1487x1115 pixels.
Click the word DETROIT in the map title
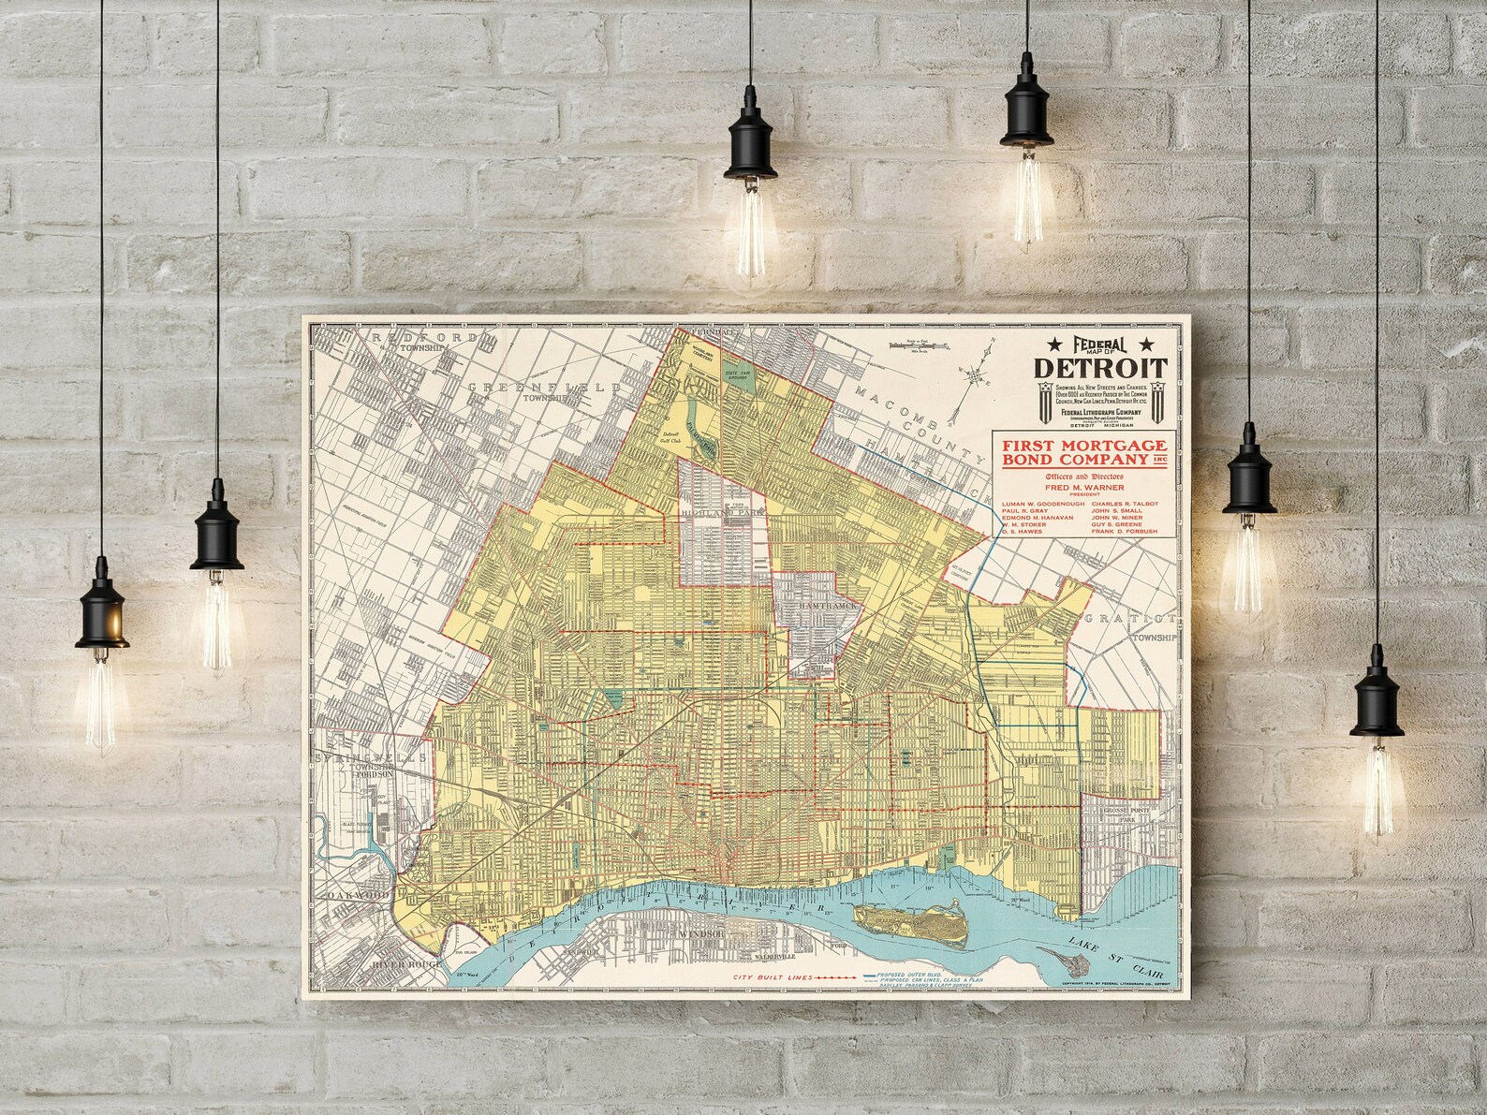tap(1099, 367)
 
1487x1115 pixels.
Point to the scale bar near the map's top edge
tap(923, 345)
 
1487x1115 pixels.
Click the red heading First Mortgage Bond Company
tap(1080, 451)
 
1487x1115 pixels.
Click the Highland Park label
tap(721, 511)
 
